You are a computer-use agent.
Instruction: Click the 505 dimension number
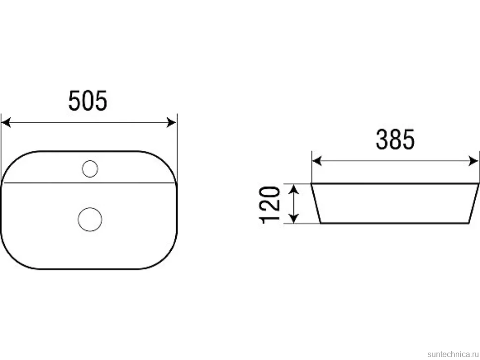(88, 100)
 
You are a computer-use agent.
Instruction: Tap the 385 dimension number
(395, 139)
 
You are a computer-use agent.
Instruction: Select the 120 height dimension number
(270, 205)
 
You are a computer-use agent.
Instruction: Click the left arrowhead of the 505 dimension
(6, 123)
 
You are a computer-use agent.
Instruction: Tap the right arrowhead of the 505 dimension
(171, 123)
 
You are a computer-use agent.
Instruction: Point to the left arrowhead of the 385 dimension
(317, 161)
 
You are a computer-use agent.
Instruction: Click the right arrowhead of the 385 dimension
(473, 161)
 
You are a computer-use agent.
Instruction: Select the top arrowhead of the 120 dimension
(294, 189)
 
